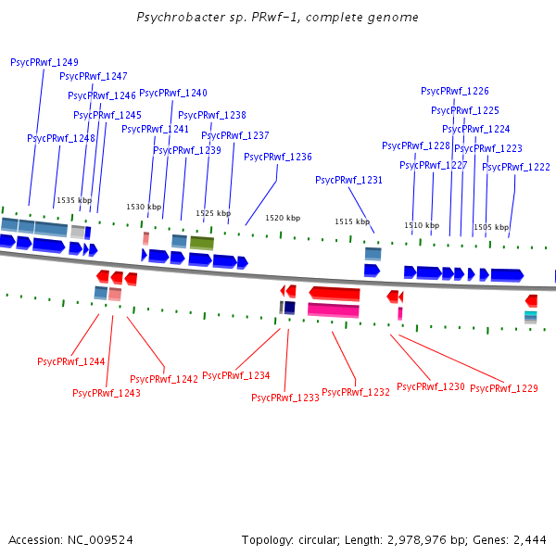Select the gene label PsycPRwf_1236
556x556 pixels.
(x=278, y=157)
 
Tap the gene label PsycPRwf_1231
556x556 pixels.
(x=348, y=181)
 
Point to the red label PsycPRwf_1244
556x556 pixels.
(x=71, y=361)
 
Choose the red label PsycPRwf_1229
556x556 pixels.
(x=503, y=388)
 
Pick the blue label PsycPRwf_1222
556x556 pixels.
(x=516, y=167)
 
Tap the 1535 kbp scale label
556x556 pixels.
(x=74, y=200)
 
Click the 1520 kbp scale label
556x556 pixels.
(x=283, y=218)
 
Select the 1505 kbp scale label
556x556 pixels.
(x=491, y=227)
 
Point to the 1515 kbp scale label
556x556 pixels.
(x=352, y=222)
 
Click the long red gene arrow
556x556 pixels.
(x=334, y=293)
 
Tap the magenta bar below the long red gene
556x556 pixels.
(x=334, y=310)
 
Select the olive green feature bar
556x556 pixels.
(x=202, y=242)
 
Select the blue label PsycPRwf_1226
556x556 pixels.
(x=454, y=91)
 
